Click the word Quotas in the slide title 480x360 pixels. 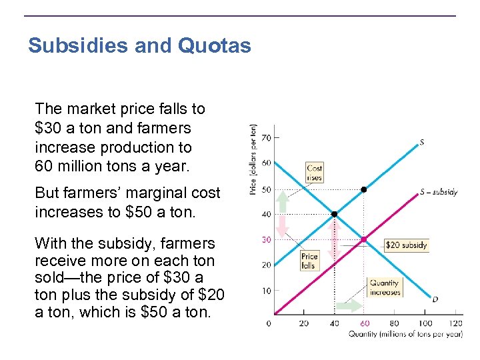(214, 46)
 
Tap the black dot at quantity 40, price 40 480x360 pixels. (334, 214)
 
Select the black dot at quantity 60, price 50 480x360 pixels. (364, 189)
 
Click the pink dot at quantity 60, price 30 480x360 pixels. (364, 239)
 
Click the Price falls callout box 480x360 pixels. (309, 261)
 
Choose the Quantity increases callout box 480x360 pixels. (385, 287)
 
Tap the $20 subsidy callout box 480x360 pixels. (406, 245)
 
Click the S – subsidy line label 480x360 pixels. (438, 193)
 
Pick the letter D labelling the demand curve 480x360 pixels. (435, 299)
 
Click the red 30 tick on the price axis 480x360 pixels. (266, 239)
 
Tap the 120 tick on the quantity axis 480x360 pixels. (455, 323)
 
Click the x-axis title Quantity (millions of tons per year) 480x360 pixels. (405, 334)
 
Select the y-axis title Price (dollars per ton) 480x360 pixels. (253, 159)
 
